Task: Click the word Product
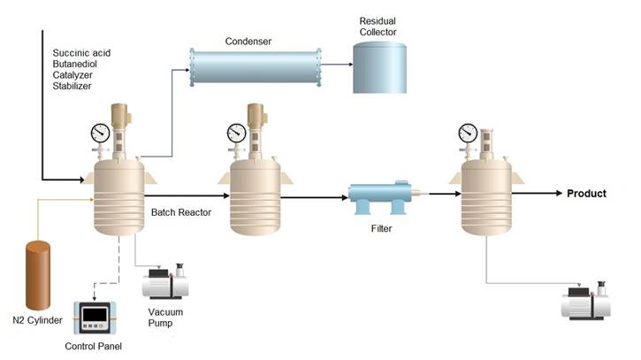coord(586,194)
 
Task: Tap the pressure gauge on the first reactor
coord(100,134)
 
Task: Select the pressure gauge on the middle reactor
coord(236,134)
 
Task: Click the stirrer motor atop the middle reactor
coord(256,118)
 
